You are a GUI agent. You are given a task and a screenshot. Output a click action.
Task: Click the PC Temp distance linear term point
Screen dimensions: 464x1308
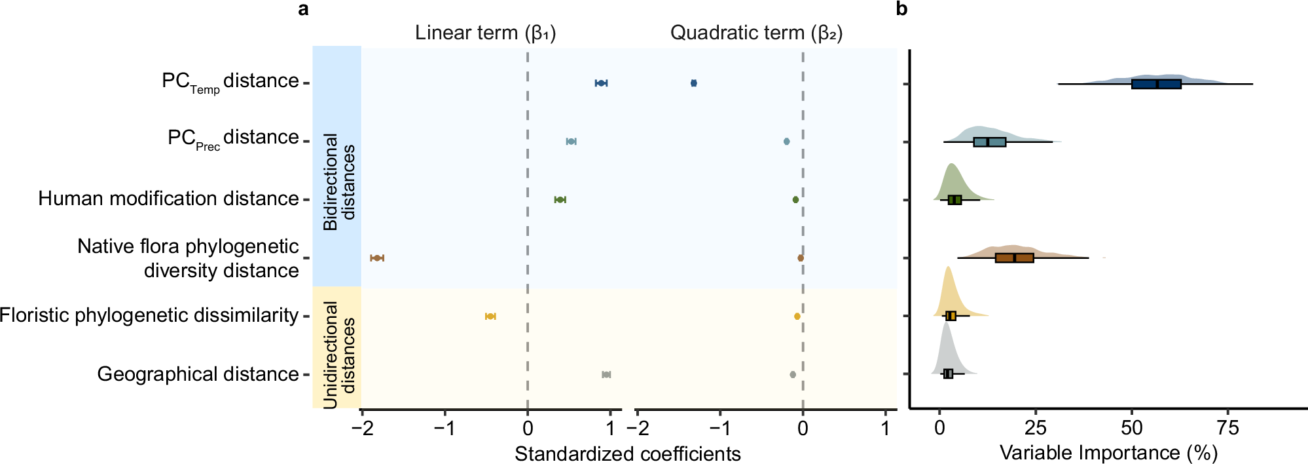pos(600,83)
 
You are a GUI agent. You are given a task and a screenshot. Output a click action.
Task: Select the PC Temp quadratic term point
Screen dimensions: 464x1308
pos(693,83)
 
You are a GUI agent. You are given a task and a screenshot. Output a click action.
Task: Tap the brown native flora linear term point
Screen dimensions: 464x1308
pos(376,258)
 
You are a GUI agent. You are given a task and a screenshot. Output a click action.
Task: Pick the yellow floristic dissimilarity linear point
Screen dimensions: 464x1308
pos(490,317)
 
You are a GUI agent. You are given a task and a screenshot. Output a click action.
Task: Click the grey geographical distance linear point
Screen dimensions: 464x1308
pos(606,374)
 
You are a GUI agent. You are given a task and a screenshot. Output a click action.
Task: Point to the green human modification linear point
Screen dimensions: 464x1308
pos(560,199)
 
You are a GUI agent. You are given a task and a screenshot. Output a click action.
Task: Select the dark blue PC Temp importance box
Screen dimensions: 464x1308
pos(1156,84)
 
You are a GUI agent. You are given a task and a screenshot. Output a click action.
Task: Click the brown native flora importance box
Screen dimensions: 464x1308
pos(1014,258)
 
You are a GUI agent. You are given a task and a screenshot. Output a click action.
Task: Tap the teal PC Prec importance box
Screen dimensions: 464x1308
pos(989,142)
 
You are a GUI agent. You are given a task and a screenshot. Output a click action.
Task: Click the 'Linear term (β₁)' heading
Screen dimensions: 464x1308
pos(485,33)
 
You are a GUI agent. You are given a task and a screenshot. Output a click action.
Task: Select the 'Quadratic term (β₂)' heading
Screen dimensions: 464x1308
pos(756,33)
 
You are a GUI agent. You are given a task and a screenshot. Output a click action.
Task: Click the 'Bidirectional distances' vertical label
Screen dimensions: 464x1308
pos(339,182)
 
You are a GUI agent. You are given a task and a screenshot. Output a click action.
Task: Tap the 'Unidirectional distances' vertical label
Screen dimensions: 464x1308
pos(339,355)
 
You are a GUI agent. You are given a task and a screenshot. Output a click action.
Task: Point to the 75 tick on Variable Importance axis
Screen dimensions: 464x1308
pos(1227,429)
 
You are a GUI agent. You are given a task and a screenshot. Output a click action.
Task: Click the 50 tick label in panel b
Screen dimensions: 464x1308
pos(1131,429)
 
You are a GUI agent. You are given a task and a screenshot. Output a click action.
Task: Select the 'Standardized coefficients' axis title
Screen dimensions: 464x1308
pos(627,454)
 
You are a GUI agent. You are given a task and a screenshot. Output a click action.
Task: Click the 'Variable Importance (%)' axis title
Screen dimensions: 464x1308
pos(1108,453)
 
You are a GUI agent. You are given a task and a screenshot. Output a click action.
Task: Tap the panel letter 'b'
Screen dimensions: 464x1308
pos(901,9)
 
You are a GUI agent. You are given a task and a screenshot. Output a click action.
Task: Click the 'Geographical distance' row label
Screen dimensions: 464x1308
pos(198,374)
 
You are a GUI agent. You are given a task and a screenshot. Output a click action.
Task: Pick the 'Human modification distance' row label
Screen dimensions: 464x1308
pos(168,199)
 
